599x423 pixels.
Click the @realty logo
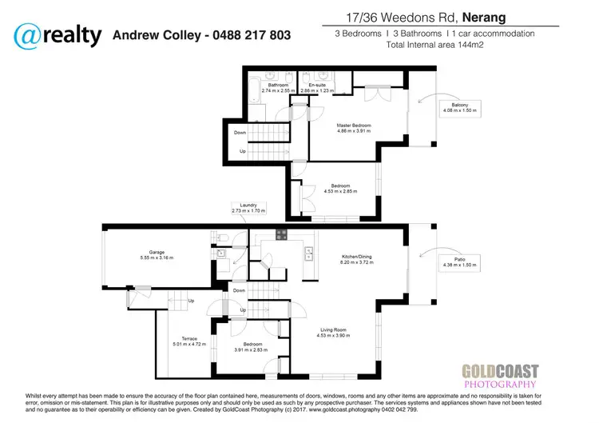58,35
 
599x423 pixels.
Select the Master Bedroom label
353,126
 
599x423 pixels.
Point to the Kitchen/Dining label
356,257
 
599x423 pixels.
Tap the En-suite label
319,86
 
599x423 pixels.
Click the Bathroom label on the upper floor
278,86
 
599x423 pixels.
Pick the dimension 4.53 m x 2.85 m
341,192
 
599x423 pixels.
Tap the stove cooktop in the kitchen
281,233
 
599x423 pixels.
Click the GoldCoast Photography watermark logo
501,375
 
